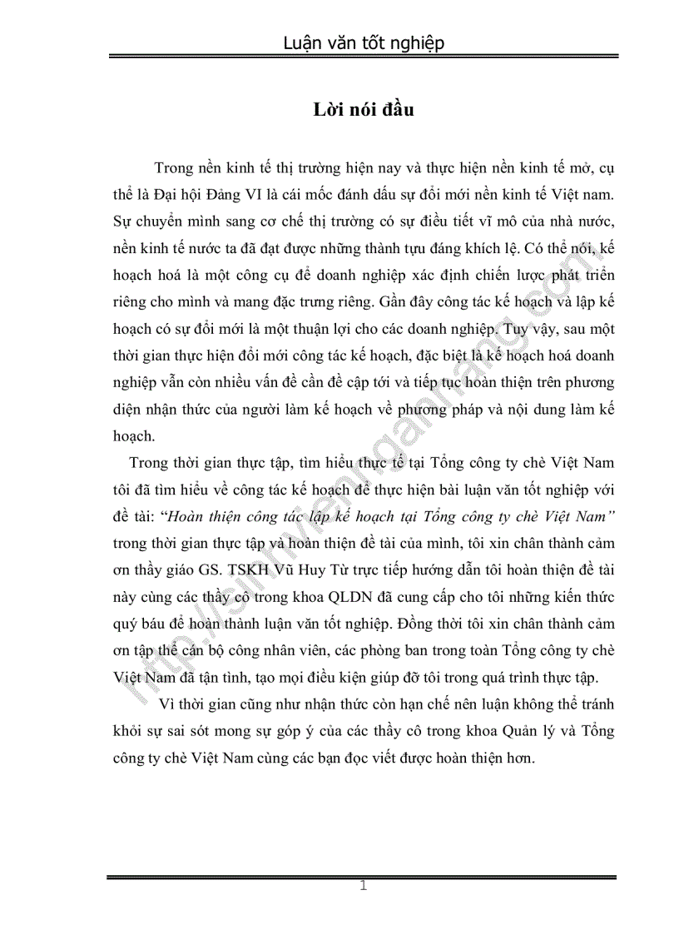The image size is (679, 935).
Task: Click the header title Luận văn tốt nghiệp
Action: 363,42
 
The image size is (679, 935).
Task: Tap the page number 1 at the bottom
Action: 363,885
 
